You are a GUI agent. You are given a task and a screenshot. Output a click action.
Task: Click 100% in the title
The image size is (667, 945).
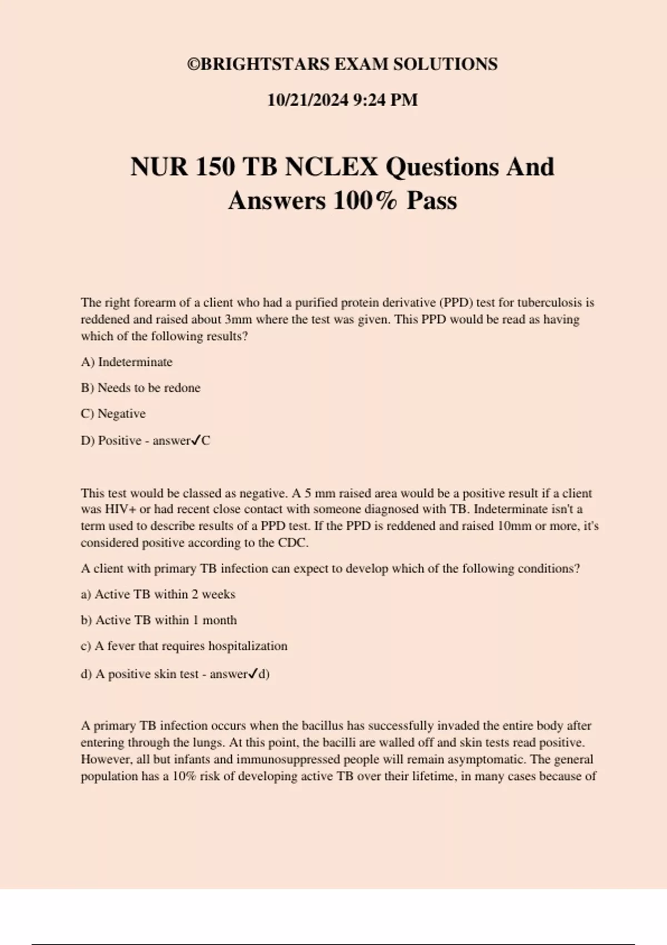(x=365, y=201)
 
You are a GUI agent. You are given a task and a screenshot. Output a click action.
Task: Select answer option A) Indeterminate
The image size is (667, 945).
(x=127, y=362)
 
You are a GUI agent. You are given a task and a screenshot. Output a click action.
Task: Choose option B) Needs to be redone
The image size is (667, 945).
(x=141, y=388)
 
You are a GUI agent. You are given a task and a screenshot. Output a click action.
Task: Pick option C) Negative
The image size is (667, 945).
(x=113, y=414)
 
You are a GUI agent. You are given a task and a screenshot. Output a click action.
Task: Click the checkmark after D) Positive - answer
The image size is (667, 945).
(x=196, y=440)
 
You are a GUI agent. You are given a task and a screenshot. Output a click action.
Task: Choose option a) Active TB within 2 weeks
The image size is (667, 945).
(x=158, y=594)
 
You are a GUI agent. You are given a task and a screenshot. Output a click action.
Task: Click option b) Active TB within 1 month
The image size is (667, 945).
(x=158, y=620)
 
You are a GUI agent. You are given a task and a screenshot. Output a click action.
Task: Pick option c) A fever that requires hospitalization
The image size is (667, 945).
(x=184, y=646)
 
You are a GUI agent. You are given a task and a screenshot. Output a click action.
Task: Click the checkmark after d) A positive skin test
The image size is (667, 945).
(x=253, y=674)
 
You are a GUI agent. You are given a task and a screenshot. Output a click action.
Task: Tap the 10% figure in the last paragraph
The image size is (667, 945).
(x=184, y=776)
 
